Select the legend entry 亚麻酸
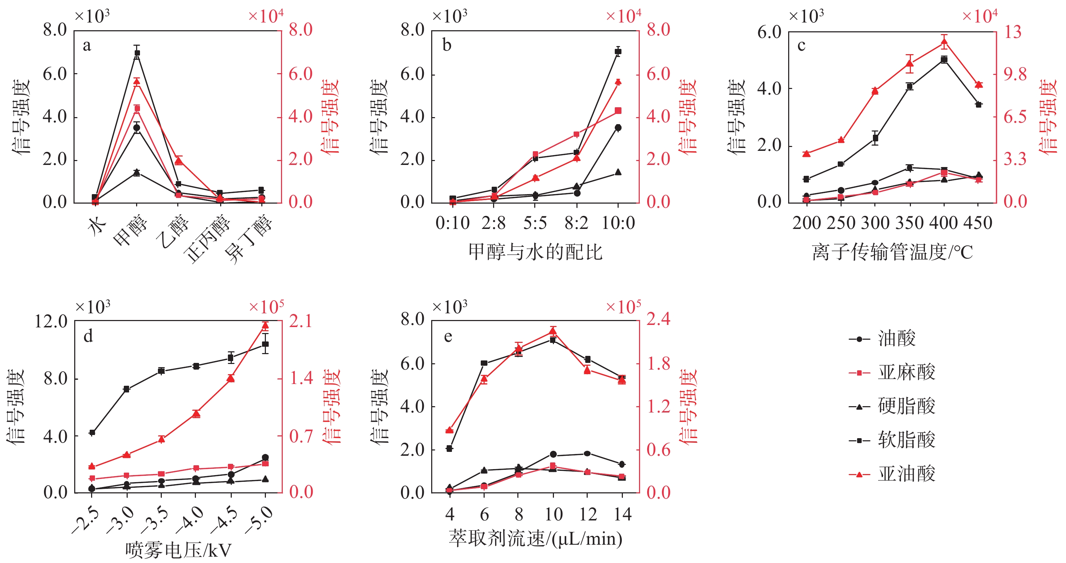click(x=906, y=373)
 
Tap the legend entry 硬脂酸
click(x=906, y=407)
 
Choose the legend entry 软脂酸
click(x=906, y=440)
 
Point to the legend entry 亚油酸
click(x=906, y=474)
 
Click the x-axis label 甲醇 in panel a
click(x=131, y=230)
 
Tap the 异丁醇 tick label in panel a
click(x=248, y=240)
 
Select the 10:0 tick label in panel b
click(x=618, y=223)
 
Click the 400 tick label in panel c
click(x=944, y=223)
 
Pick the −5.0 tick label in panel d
click(x=260, y=520)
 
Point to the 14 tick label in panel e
click(x=623, y=514)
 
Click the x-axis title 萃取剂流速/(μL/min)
click(x=535, y=539)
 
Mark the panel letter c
click(x=802, y=45)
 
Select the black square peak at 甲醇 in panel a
click(x=137, y=53)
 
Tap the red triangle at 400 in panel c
click(x=944, y=41)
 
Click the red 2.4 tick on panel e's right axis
click(x=658, y=319)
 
